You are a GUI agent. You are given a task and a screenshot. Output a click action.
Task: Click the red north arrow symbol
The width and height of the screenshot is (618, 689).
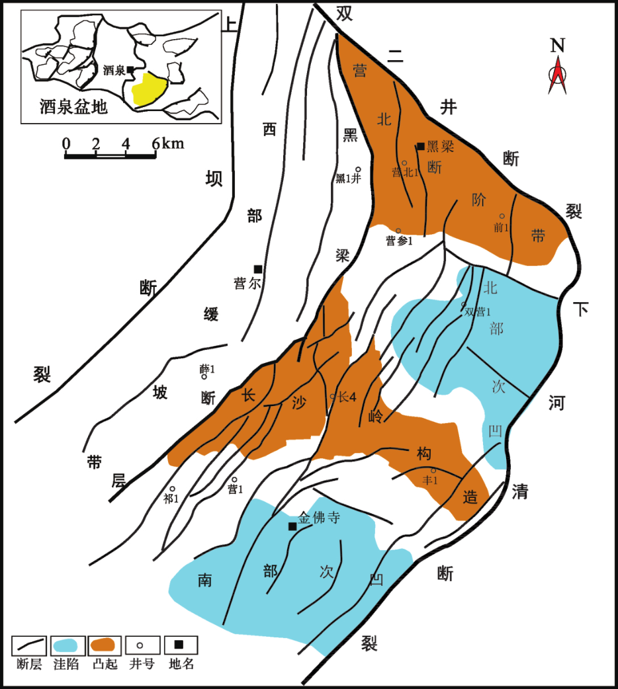pos(557,76)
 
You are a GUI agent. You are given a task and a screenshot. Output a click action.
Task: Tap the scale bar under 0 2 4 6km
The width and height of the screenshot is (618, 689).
pos(110,155)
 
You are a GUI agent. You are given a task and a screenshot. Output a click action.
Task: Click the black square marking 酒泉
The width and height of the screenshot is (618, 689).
pos(130,69)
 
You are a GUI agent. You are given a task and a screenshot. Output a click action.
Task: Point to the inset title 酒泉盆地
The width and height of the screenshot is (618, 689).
pos(73,106)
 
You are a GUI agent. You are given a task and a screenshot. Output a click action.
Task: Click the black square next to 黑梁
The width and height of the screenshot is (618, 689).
pos(421,146)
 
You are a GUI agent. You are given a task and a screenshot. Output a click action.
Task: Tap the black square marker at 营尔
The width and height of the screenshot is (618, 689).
pos(258,269)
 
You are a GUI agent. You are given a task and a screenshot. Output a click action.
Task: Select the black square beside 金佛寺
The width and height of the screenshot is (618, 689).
pos(292,526)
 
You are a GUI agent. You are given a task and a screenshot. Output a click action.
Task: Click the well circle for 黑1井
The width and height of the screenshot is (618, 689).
pos(359,169)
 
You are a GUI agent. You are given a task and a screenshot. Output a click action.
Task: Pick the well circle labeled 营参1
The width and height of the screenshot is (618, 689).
pos(398,231)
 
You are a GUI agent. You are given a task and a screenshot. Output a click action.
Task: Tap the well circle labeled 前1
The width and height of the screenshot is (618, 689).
pos(502,216)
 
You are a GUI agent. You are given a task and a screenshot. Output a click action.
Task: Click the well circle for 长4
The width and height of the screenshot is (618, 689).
pos(333,396)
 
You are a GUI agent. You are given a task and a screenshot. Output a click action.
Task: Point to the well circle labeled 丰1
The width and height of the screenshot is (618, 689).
pos(433,471)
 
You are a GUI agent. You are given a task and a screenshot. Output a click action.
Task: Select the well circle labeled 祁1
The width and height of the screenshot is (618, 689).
pos(173,489)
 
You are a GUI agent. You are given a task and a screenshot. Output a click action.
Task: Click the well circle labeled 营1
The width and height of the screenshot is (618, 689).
pos(234,480)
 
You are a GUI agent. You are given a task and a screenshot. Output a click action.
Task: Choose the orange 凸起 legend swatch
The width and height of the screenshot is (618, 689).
pos(103,645)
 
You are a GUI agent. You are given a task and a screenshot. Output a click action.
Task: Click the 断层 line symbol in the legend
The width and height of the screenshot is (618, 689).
pos(29,645)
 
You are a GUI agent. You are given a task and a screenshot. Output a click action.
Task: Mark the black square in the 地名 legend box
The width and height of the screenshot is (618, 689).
pos(179,645)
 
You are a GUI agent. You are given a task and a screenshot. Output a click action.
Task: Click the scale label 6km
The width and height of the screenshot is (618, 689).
pos(168,143)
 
